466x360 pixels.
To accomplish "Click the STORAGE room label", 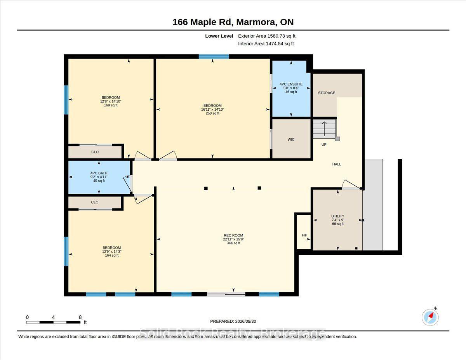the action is [x=326, y=93].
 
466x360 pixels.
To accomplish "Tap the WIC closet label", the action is [x=291, y=139].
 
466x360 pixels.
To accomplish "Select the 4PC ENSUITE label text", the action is [x=291, y=84].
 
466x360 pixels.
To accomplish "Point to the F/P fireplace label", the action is [x=304, y=235].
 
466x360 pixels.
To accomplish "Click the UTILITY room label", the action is [x=338, y=216].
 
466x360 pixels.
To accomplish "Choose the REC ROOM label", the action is [x=233, y=235].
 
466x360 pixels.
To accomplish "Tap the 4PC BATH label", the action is [x=99, y=173].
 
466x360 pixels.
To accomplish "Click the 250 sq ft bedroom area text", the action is [x=212, y=113].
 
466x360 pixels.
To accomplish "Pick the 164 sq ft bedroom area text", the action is [x=111, y=256].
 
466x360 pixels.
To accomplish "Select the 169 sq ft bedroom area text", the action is [x=111, y=105].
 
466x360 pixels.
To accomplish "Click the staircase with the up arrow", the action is [x=324, y=129].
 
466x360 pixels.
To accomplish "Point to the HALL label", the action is [x=336, y=164].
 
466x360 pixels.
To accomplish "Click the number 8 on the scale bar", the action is [x=80, y=317].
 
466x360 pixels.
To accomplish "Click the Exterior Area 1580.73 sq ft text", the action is [x=266, y=36].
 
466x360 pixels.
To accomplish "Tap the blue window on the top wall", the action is [x=214, y=57].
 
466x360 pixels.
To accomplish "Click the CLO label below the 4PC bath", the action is [x=95, y=202].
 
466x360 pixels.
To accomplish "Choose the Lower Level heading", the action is [x=219, y=36].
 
